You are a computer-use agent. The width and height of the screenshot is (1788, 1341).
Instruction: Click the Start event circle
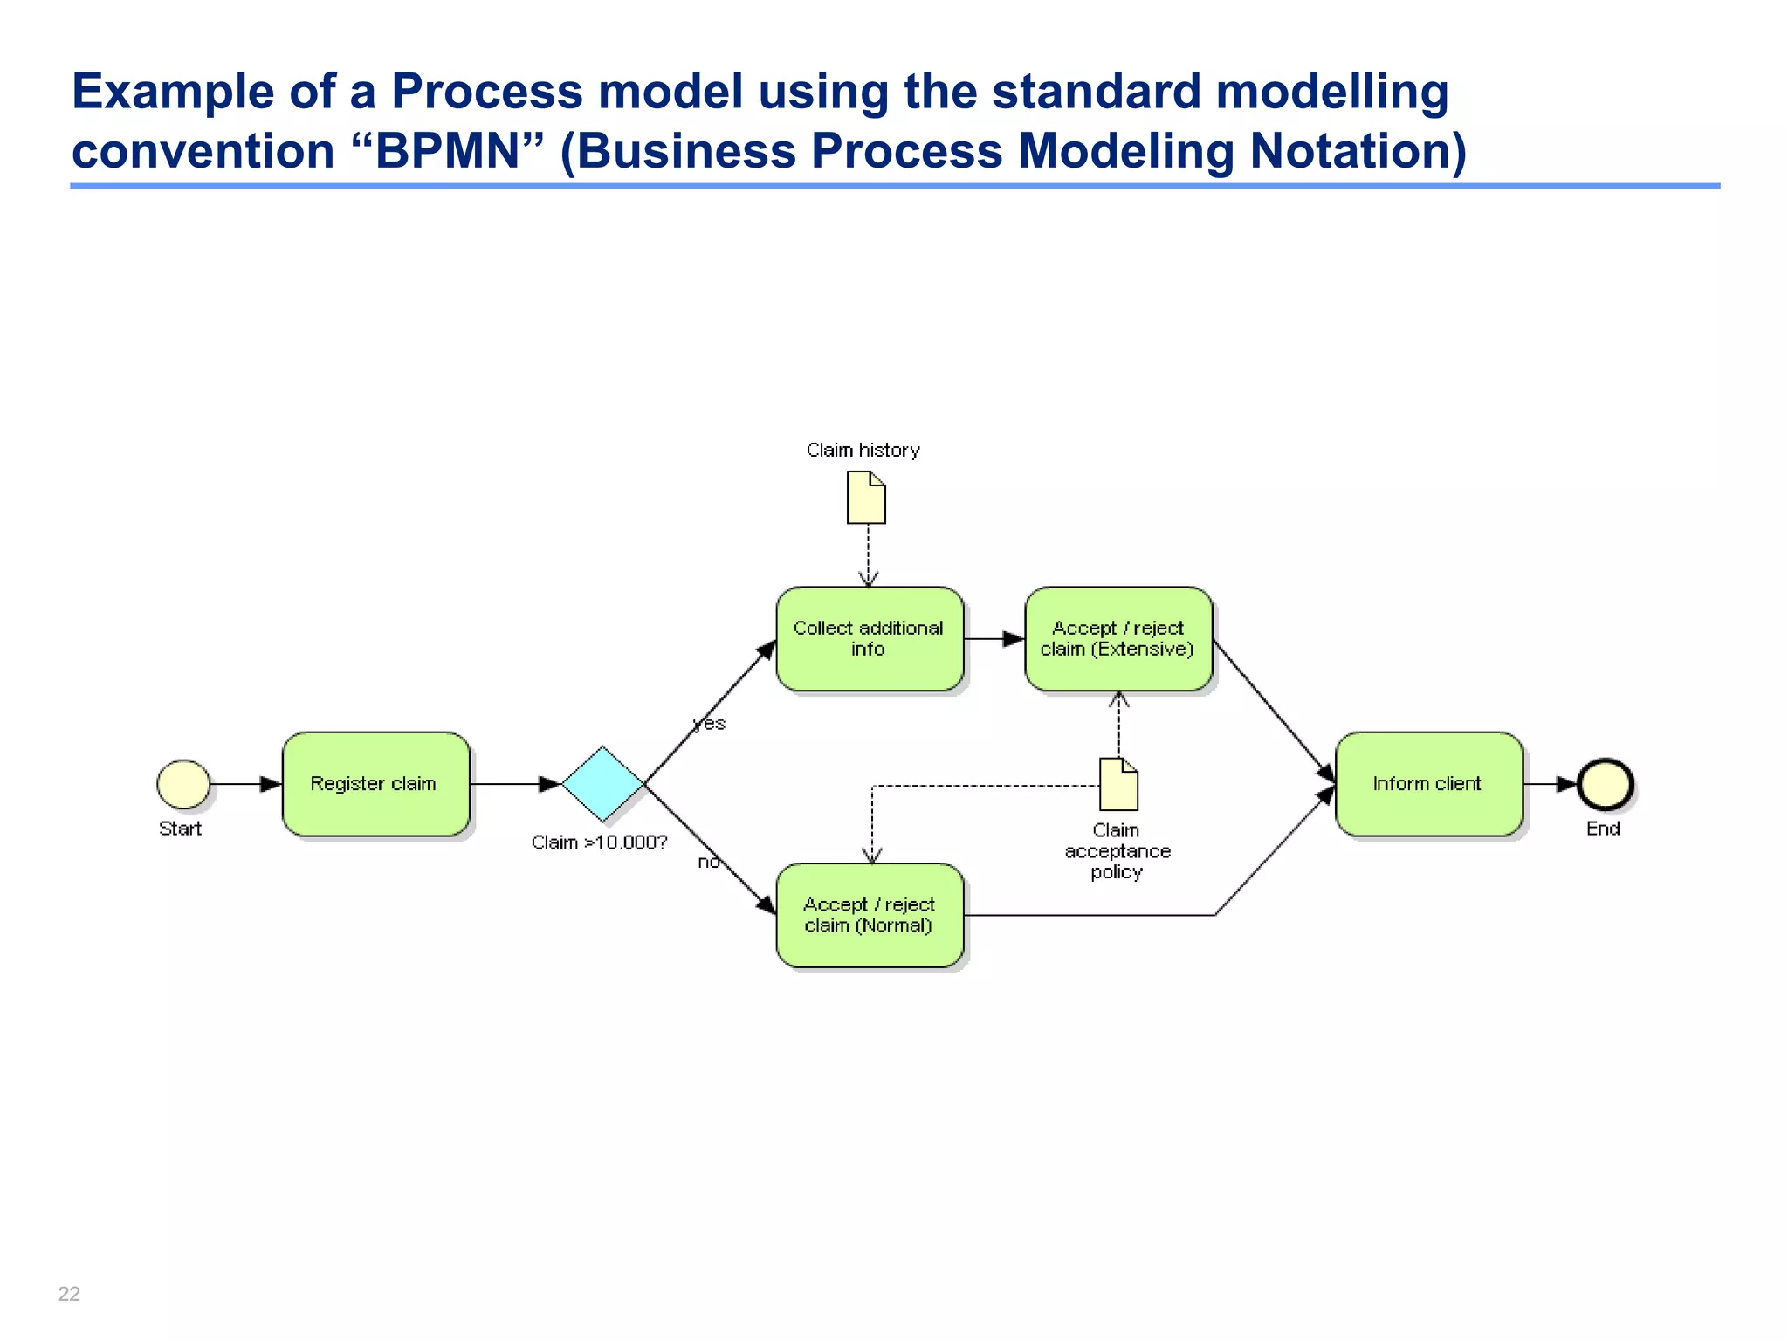(x=183, y=783)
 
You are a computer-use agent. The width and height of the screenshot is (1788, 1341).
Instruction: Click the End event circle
(x=1605, y=783)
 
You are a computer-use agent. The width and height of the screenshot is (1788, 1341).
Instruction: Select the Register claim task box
(x=375, y=783)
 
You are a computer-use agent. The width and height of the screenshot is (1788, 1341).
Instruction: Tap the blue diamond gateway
(x=602, y=783)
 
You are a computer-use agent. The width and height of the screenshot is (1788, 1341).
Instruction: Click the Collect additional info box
(x=869, y=638)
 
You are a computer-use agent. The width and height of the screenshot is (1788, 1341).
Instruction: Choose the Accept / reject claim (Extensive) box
(x=1117, y=638)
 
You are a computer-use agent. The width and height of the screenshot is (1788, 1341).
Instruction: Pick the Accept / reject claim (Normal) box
(x=869, y=915)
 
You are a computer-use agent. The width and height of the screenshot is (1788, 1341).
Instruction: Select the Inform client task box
(x=1427, y=783)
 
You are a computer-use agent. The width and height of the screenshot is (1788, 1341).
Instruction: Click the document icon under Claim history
(x=866, y=498)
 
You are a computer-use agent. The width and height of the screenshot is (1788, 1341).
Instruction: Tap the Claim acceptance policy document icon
(x=1118, y=784)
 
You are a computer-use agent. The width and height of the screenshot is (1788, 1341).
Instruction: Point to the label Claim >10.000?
(x=599, y=842)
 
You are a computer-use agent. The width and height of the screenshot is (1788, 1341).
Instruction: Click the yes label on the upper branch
(x=710, y=724)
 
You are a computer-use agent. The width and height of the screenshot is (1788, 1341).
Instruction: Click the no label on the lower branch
(x=709, y=863)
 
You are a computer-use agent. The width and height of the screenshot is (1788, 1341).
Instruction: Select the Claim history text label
(x=863, y=450)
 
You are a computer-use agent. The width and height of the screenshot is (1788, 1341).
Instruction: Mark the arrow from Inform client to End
(x=1551, y=784)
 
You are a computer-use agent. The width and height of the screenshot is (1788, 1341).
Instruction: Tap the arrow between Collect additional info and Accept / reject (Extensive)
(x=994, y=639)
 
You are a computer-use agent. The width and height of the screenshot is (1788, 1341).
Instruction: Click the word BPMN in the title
(x=447, y=151)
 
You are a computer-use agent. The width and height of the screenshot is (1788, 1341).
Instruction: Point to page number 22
(x=69, y=1293)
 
